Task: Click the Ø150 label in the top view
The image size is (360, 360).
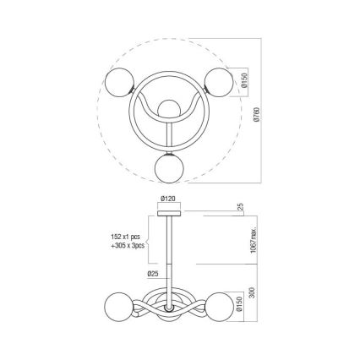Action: (x=244, y=82)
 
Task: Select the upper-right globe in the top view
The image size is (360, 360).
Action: (x=221, y=82)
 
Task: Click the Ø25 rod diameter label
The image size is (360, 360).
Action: (x=153, y=274)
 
